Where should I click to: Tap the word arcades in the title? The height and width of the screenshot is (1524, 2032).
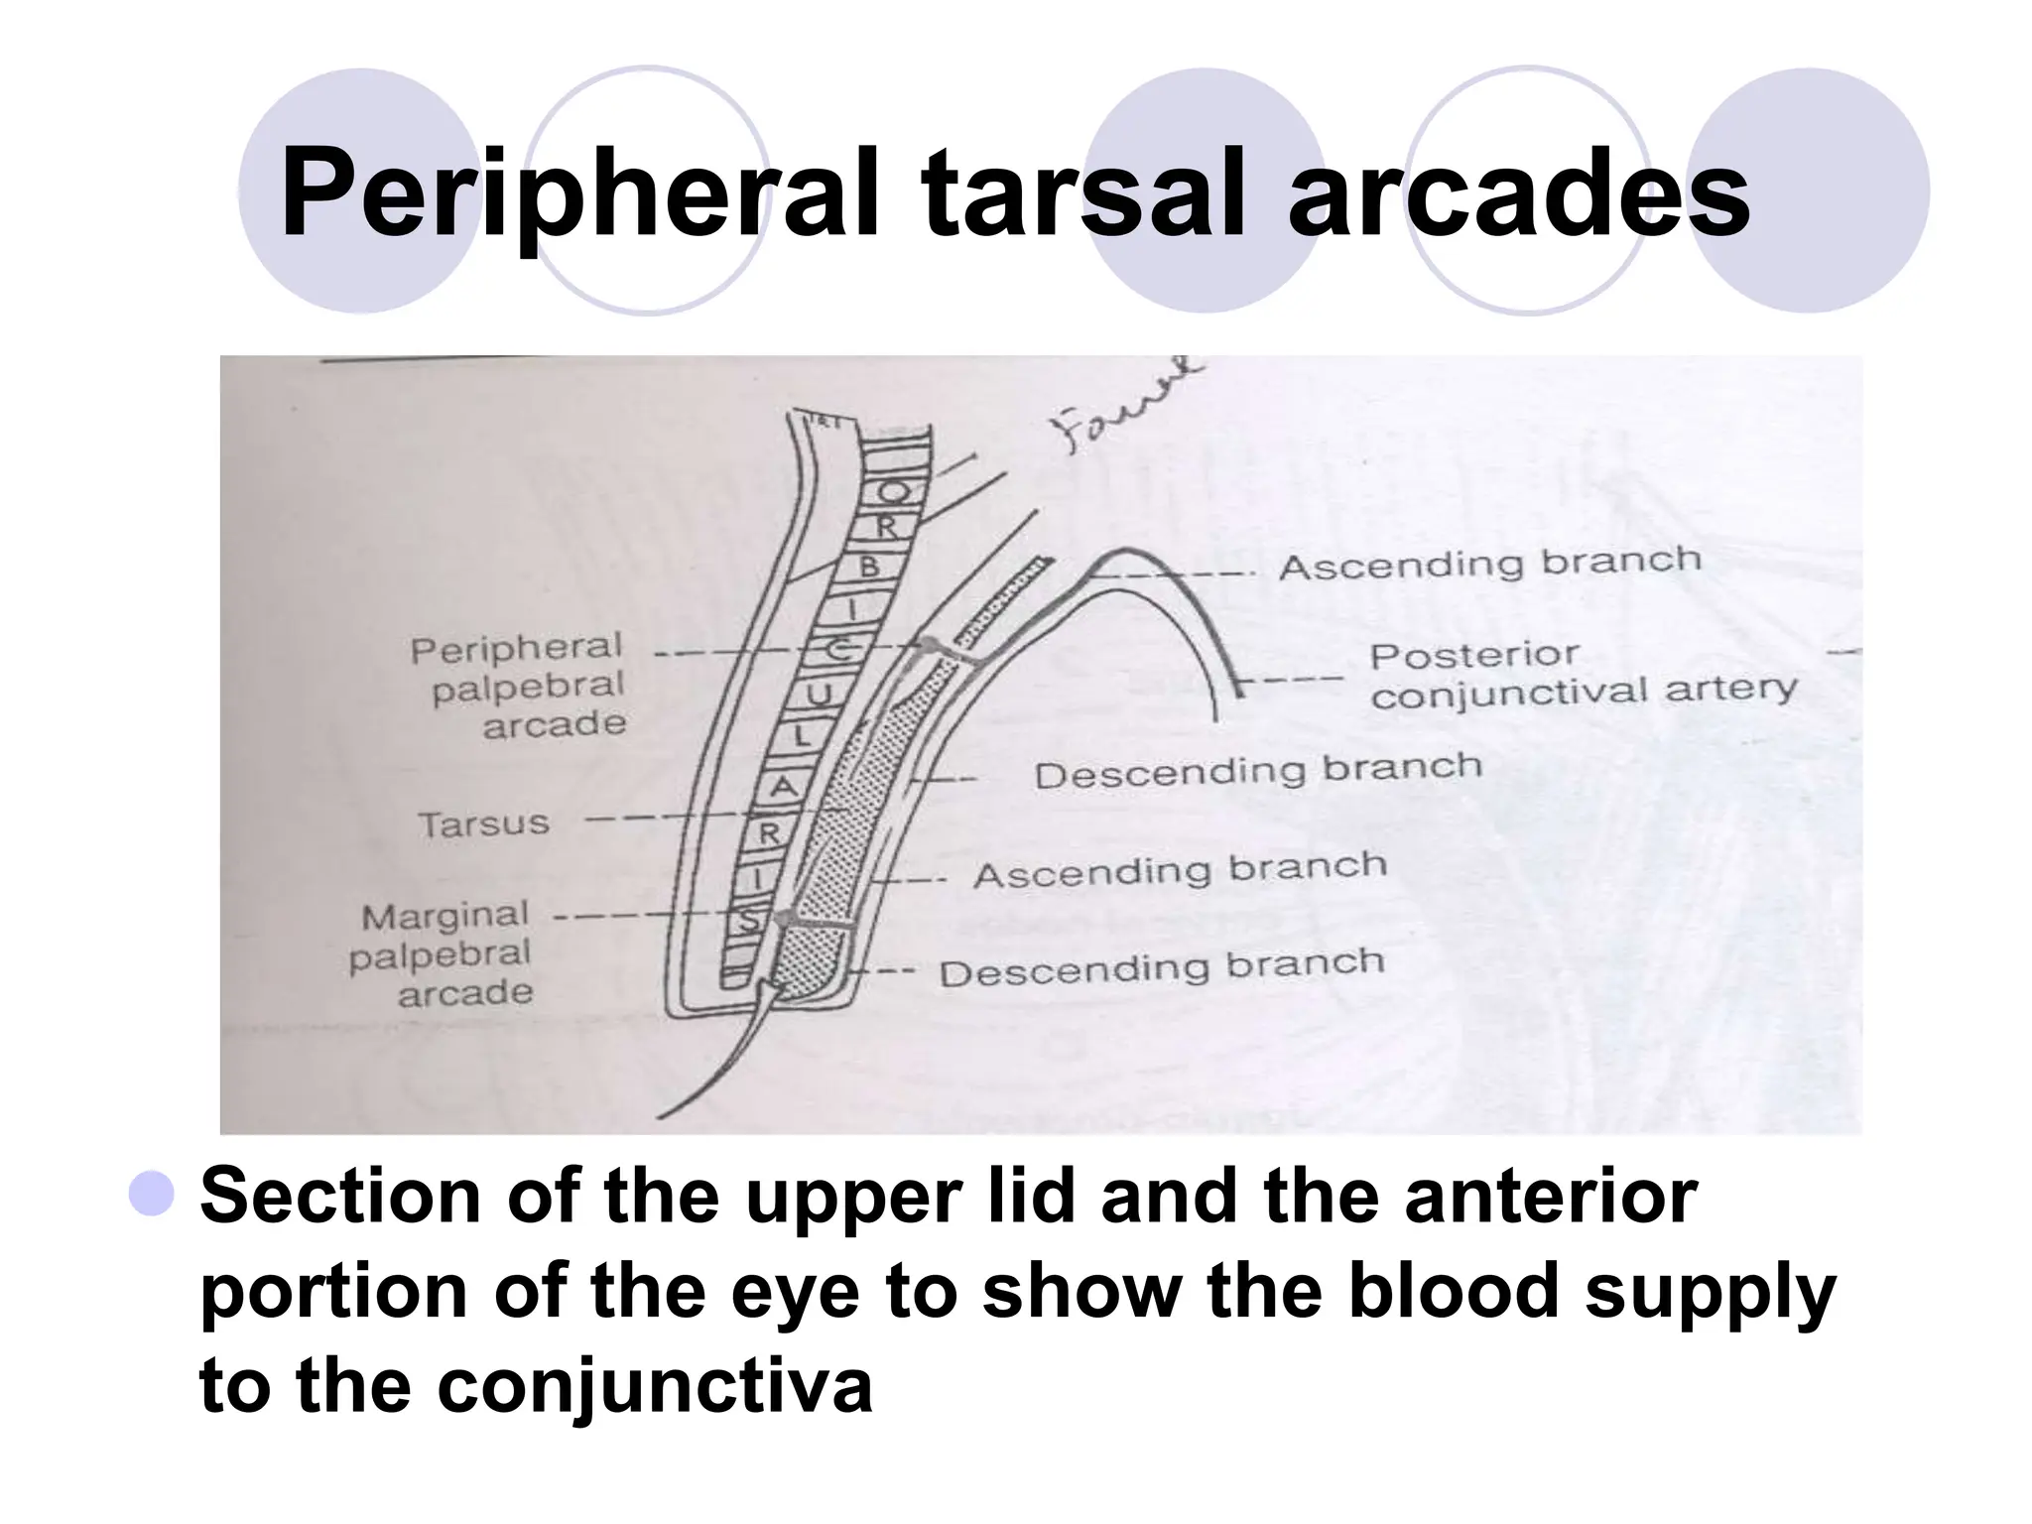1518,193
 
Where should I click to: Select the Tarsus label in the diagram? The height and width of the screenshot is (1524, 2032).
483,824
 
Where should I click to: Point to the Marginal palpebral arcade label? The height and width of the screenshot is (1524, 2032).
444,953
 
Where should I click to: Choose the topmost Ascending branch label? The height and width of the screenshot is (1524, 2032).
1489,563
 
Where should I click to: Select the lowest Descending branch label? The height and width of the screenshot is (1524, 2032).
1161,967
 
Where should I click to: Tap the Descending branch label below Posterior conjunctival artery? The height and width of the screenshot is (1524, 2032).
1257,770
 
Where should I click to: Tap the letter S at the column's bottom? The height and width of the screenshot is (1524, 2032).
747,922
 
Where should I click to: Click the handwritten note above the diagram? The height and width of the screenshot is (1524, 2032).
1126,408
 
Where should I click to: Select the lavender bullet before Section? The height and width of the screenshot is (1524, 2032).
151,1194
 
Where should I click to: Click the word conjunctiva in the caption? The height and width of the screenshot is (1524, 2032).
654,1385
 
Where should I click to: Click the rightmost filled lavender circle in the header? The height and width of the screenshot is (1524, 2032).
1808,190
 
